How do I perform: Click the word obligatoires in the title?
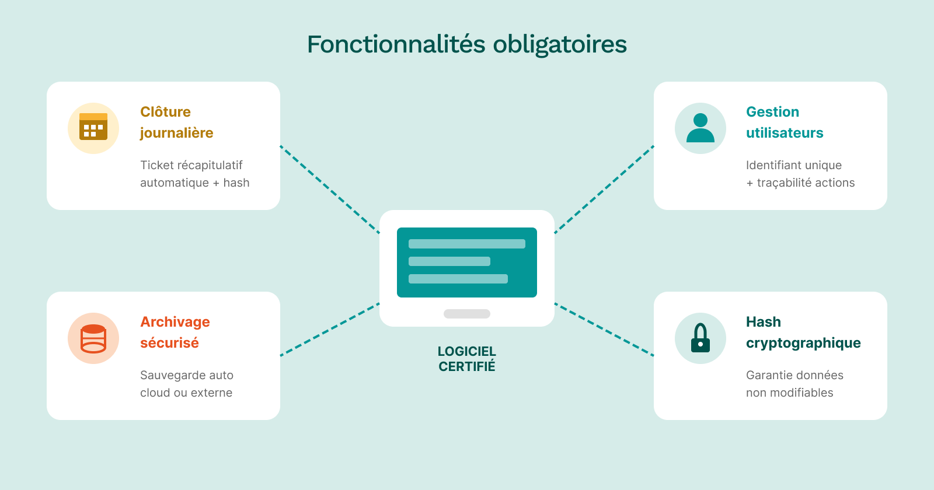coord(560,44)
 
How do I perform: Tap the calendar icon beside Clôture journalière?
coord(93,128)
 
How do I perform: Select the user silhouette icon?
coord(700,128)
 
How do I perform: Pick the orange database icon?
coord(93,338)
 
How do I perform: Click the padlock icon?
coord(700,338)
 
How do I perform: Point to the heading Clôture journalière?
coord(176,123)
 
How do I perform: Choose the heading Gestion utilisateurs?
coord(784,123)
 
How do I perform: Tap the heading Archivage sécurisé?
coord(175,332)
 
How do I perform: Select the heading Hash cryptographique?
coord(803,332)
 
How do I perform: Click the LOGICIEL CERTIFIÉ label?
coord(467,359)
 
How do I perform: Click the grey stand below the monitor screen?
coord(467,314)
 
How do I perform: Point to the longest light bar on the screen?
coord(467,244)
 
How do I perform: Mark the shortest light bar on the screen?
coord(449,261)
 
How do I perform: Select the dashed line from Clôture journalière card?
coord(330,190)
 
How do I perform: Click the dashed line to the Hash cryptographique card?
coord(604,330)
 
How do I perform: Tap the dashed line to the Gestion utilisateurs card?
coord(604,190)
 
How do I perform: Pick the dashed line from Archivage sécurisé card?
coord(330,330)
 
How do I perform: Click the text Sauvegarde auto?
coord(187,375)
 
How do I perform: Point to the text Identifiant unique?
coord(794,165)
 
